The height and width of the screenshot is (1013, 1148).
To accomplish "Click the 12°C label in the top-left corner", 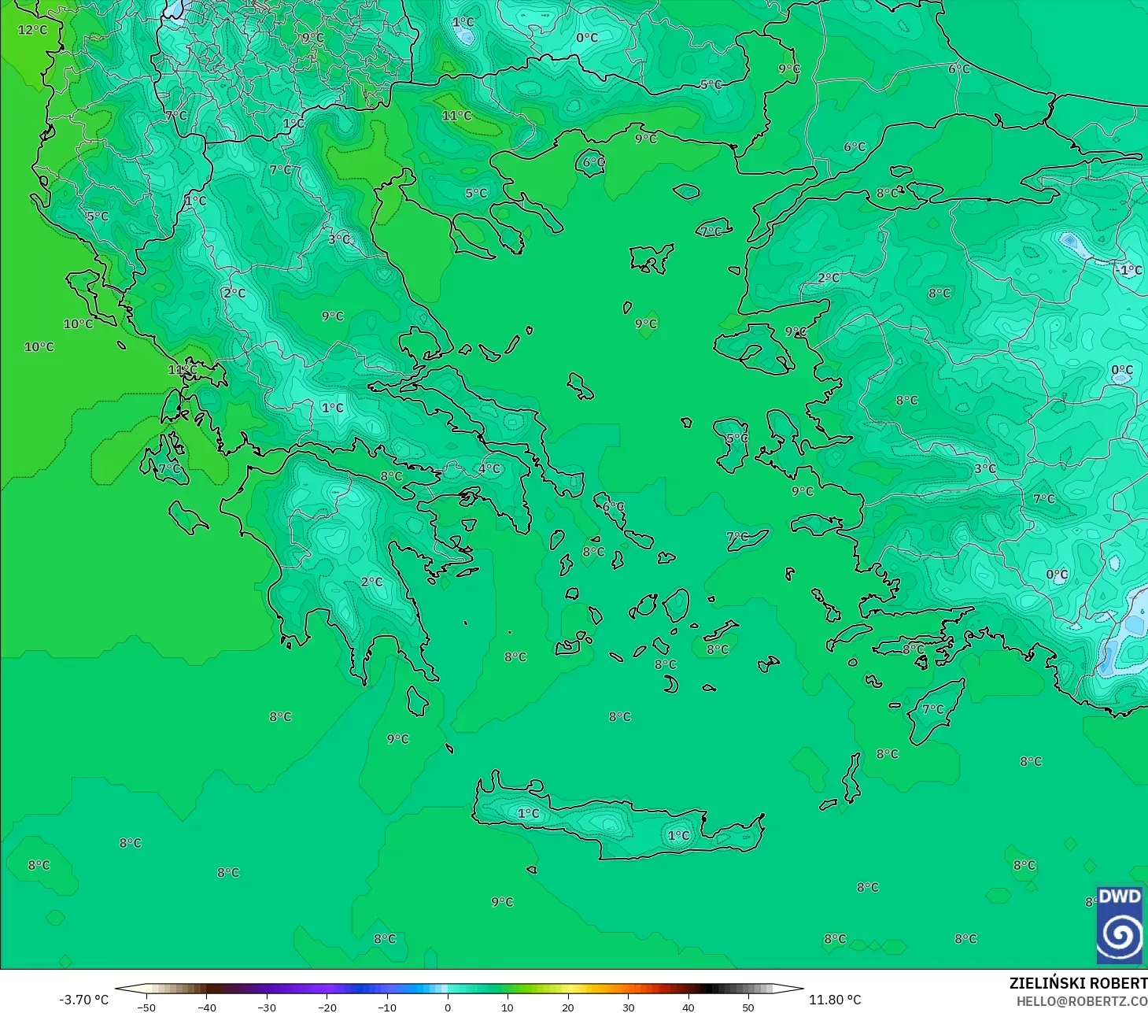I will (32, 30).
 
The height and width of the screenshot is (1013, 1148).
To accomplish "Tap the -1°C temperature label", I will (1128, 270).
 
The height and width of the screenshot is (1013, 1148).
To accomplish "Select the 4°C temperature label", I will (489, 468).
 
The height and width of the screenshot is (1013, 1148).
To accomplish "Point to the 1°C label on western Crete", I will (528, 813).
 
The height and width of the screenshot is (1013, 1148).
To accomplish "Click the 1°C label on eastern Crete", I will (678, 835).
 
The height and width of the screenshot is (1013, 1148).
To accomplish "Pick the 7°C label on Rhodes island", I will (932, 709).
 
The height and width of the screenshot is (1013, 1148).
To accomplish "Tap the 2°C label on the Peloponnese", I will (371, 582).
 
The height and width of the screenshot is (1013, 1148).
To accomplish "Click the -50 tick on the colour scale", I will (146, 1007).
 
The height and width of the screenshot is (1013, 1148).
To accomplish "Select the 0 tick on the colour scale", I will (448, 1007).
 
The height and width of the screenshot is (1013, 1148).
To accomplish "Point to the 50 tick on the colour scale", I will (748, 1007).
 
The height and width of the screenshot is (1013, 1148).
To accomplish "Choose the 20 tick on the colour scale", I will (568, 1007).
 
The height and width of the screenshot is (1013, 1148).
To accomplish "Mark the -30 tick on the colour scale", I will (267, 1007).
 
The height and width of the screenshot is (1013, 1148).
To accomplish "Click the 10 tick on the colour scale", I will (508, 1007).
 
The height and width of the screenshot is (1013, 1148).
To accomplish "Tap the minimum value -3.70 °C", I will (84, 1000).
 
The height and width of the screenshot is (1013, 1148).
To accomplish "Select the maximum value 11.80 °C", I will (835, 1000).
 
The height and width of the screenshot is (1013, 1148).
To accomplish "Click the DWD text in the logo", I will (1119, 897).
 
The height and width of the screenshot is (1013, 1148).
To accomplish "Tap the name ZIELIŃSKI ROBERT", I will (1078, 983).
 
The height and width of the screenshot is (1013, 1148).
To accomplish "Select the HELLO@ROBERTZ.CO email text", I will (1081, 1001).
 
